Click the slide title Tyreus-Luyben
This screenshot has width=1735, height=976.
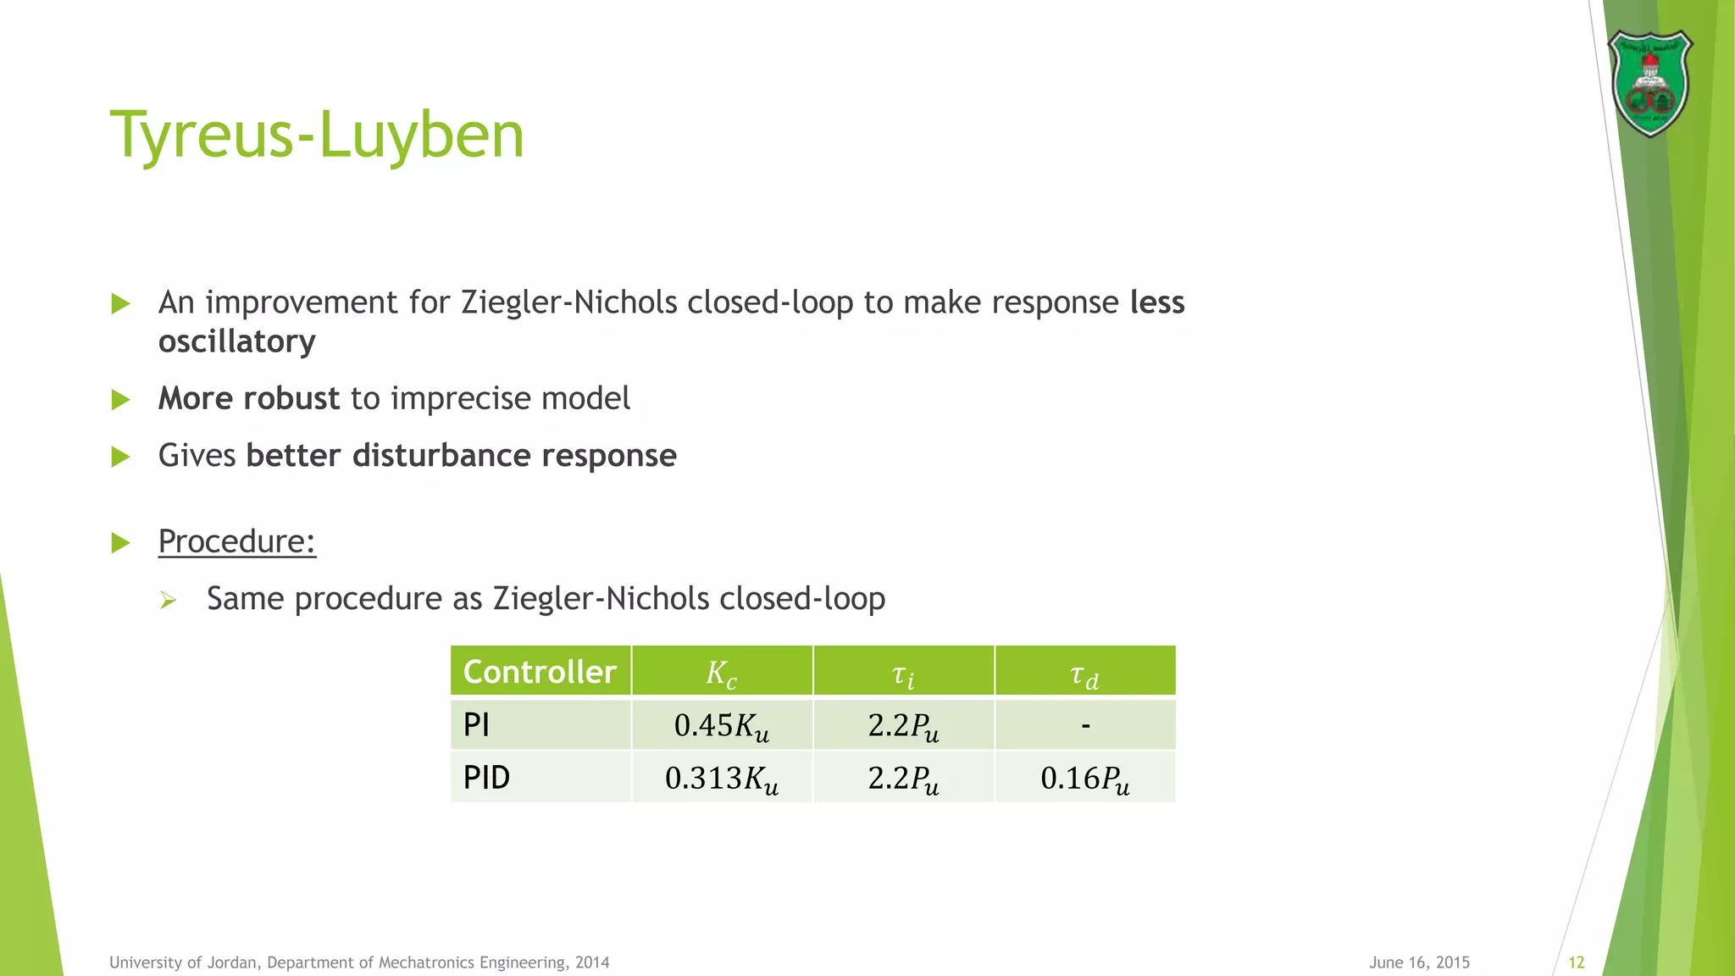tap(317, 135)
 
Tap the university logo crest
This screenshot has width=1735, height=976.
tap(1649, 83)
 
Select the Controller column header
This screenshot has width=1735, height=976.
tap(540, 672)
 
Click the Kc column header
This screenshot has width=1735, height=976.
tap(722, 674)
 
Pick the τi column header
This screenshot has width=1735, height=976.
tap(903, 675)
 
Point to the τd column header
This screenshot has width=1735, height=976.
tap(1084, 675)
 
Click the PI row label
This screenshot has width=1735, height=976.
tap(477, 725)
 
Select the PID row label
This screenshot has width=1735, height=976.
tap(487, 778)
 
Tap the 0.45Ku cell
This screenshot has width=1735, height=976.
tap(722, 726)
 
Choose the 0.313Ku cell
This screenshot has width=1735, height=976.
tap(722, 779)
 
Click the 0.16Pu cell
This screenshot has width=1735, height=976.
tap(1085, 779)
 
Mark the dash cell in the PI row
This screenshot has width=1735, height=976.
tap(1085, 725)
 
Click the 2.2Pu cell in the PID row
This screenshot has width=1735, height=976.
tap(903, 779)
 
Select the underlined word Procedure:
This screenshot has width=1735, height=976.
tap(237, 541)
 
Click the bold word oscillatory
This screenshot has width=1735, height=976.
tap(237, 341)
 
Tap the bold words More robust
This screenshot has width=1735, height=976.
tap(249, 398)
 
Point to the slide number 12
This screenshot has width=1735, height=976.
tap(1577, 962)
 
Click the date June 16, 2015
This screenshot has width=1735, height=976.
tap(1419, 962)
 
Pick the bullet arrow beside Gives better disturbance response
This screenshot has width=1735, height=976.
tap(121, 457)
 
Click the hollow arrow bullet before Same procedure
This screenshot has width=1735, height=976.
tap(168, 601)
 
